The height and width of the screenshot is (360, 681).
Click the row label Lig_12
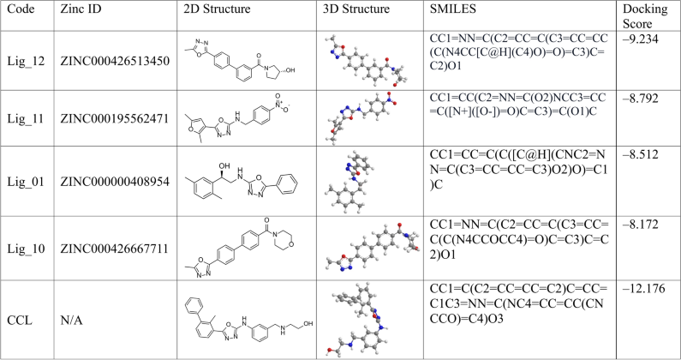point(24,39)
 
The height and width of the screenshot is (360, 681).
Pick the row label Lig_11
point(24,99)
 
